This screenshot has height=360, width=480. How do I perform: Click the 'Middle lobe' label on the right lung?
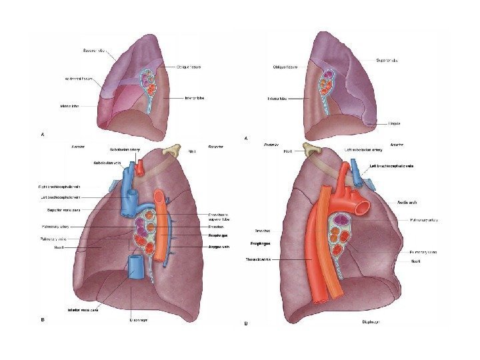69,105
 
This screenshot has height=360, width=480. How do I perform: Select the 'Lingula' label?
395,123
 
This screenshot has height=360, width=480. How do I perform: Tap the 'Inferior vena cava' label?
87,309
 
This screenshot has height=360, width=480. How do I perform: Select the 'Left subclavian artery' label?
363,151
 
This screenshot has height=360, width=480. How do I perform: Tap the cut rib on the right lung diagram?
175,149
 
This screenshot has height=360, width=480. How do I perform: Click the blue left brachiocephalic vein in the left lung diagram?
358,175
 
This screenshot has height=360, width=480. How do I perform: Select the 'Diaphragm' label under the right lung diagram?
139,319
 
